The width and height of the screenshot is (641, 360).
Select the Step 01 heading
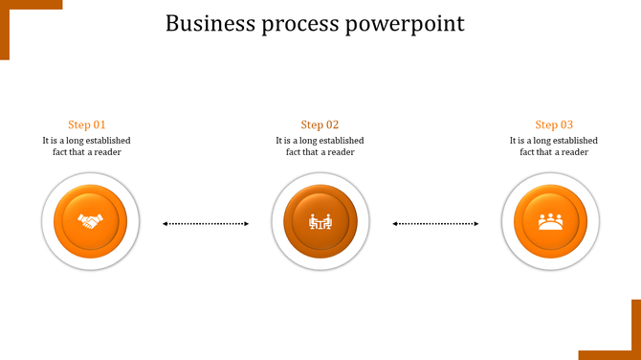click(87, 124)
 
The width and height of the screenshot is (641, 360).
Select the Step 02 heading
click(320, 124)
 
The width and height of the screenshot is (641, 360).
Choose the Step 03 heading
click(554, 124)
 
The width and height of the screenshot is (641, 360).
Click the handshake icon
click(91, 222)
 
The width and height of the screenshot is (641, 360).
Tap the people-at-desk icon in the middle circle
click(320, 222)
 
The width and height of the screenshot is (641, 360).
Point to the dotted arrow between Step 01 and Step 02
click(206, 224)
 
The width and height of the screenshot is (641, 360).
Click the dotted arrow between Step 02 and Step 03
click(435, 224)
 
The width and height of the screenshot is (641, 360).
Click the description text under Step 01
click(87, 146)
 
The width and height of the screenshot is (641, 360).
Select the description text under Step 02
click(320, 146)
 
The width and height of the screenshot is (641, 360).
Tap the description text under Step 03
click(554, 146)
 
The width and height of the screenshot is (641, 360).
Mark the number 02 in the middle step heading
click(332, 124)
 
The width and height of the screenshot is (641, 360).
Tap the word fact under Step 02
click(295, 152)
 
